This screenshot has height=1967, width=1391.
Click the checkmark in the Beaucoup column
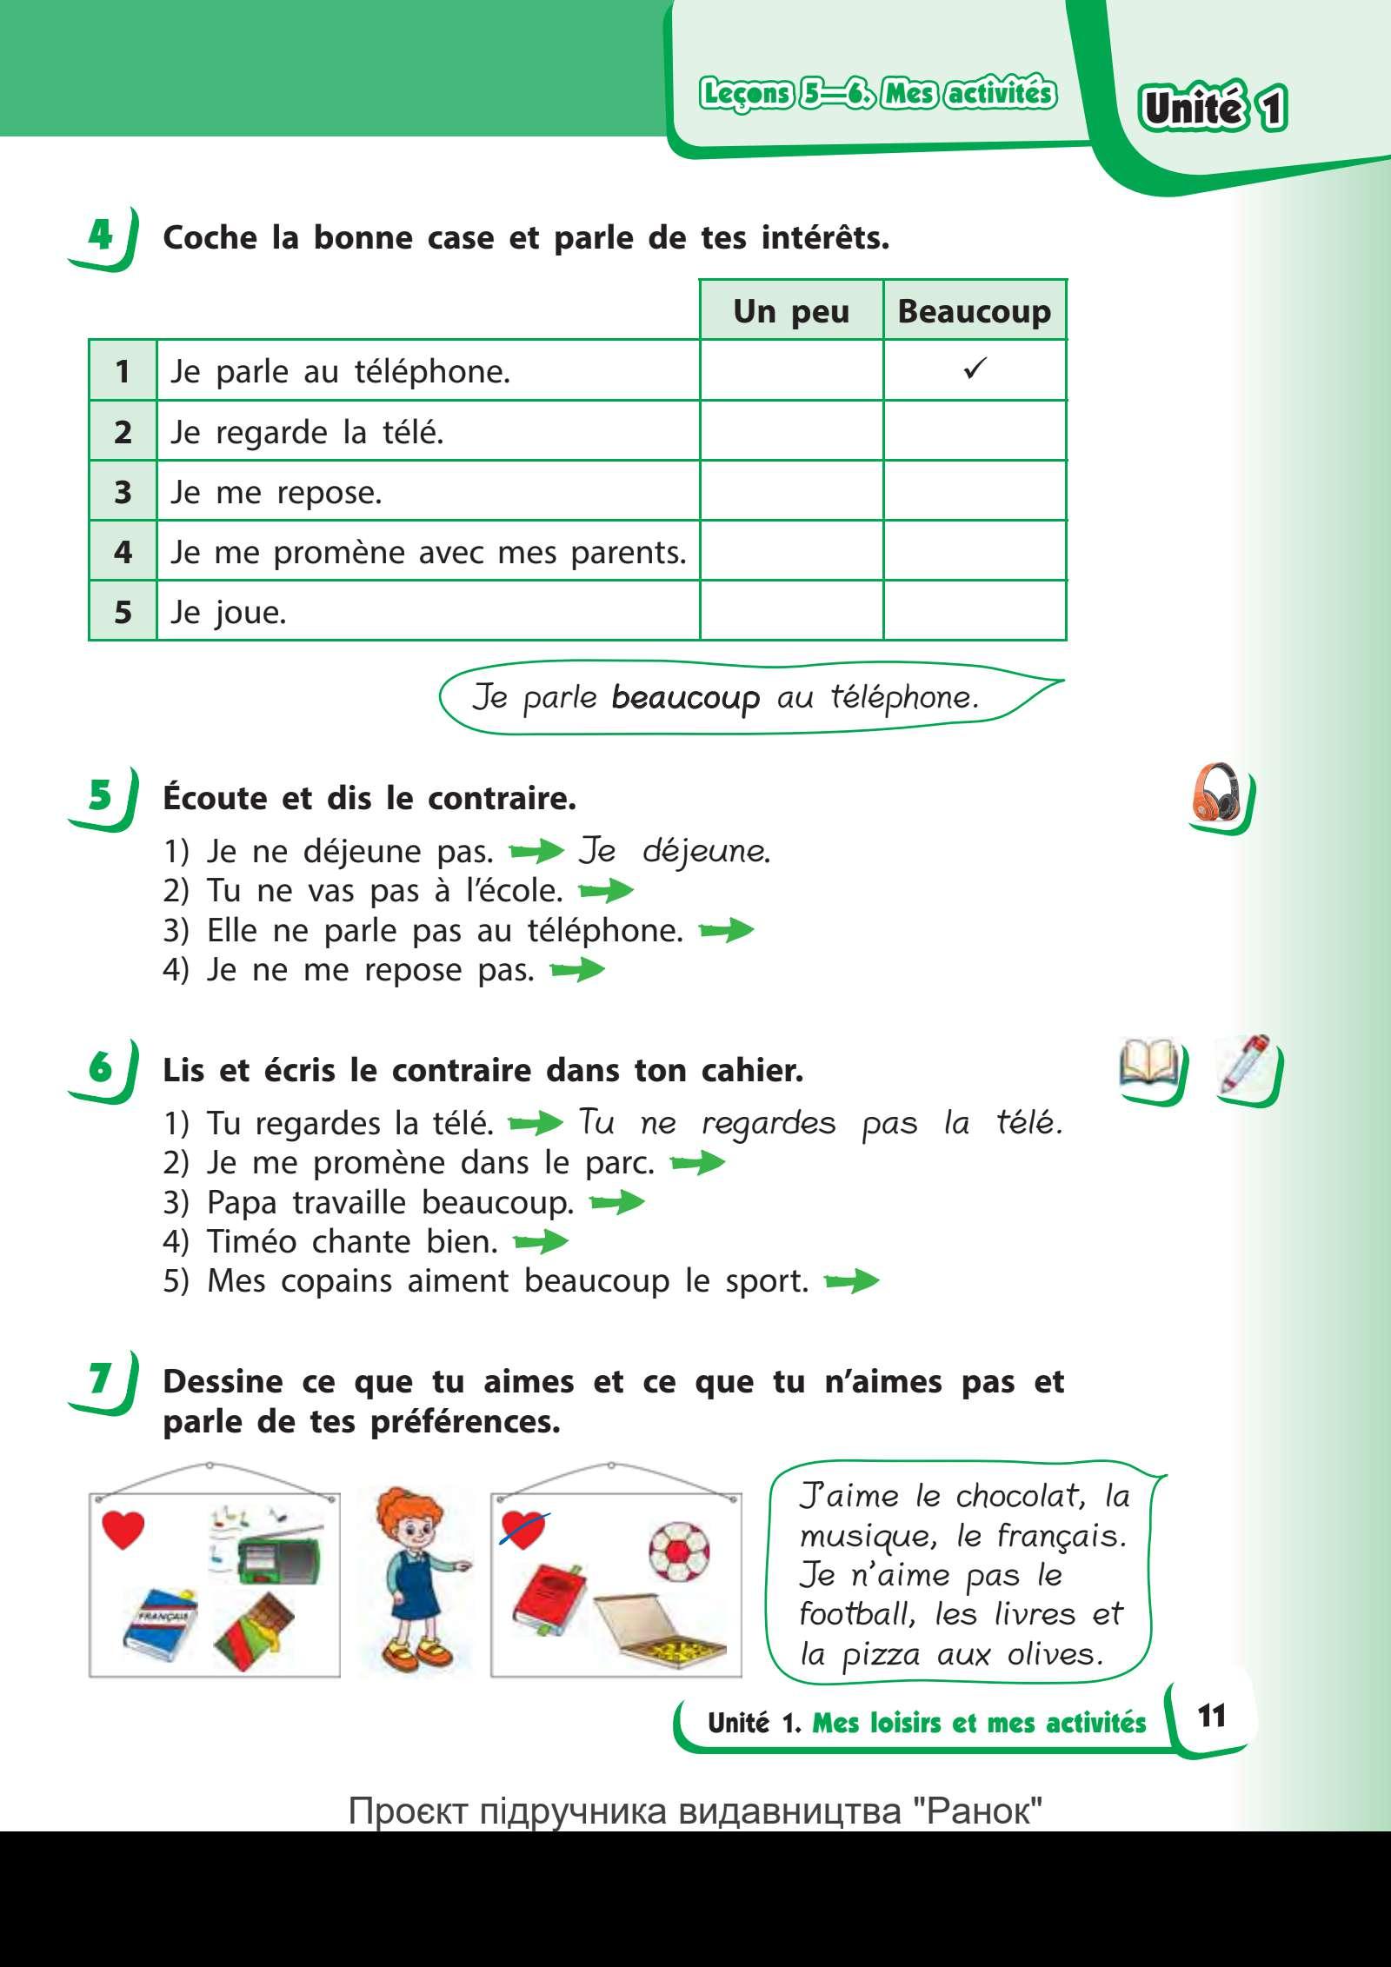point(975,370)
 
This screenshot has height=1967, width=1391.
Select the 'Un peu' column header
point(791,310)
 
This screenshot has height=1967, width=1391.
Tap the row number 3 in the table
point(123,492)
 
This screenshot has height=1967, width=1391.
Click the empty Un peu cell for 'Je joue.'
point(791,611)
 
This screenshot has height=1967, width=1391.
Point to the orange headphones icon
point(1216,793)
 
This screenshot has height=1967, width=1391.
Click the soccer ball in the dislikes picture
point(679,1552)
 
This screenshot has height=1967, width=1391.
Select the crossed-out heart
point(523,1530)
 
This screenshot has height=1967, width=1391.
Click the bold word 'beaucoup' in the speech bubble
point(685,698)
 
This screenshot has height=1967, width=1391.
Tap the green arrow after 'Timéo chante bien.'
point(541,1243)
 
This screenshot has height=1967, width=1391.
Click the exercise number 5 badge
point(101,794)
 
